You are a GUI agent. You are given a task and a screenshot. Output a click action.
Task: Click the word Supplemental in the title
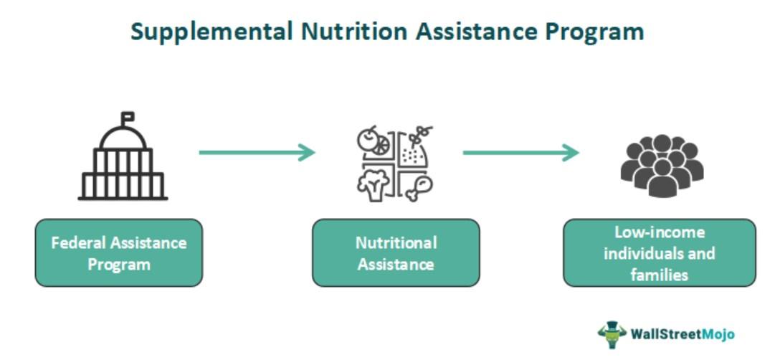[211, 32]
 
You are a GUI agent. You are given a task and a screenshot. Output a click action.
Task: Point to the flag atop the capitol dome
[127, 115]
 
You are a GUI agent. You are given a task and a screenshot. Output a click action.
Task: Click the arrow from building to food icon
[257, 152]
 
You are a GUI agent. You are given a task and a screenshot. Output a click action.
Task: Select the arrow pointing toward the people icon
[520, 152]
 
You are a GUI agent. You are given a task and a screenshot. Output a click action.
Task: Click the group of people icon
[662, 166]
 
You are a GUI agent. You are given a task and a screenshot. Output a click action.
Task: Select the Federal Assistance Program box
[119, 253]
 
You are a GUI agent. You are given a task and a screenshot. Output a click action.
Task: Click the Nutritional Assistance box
[396, 253]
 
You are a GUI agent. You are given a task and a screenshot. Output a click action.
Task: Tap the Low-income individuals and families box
[660, 253]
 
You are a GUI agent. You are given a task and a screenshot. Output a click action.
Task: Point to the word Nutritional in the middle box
[396, 242]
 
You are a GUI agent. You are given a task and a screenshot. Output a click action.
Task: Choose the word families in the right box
[660, 275]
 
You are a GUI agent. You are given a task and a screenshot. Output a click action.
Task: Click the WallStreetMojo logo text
[682, 333]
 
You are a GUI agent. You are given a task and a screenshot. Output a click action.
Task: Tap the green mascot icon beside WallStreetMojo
[612, 333]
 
